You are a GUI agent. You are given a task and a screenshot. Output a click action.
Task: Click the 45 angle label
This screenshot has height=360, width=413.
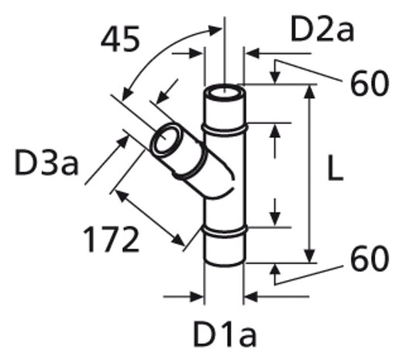click(120, 39)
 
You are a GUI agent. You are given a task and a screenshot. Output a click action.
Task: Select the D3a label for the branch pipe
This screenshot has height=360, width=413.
click(46, 162)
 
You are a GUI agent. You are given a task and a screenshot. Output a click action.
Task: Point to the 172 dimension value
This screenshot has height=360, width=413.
click(111, 239)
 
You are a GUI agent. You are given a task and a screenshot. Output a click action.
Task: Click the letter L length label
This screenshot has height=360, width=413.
click(335, 168)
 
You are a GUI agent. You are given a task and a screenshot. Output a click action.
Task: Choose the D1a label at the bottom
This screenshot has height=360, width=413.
click(225, 334)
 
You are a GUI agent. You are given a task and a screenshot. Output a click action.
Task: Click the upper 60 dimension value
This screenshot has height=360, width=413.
click(370, 83)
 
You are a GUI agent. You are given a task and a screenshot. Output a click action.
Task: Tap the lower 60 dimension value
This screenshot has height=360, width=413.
click(370, 258)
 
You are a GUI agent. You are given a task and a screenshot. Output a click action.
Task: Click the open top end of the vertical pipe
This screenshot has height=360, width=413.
click(225, 93)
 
